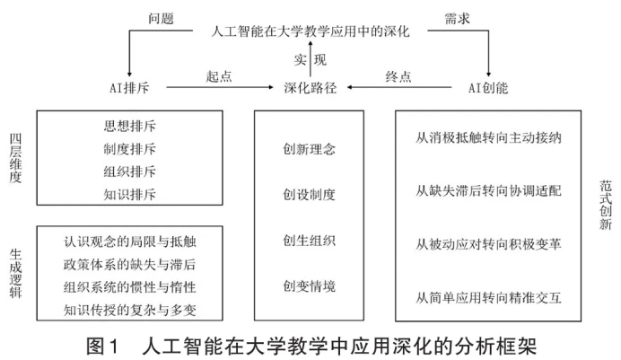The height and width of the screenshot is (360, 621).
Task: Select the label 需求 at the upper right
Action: [459, 16]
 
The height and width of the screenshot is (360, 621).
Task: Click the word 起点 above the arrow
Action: [218, 76]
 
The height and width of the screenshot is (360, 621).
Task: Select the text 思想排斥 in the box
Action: [130, 126]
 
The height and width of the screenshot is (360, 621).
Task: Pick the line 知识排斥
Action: [130, 193]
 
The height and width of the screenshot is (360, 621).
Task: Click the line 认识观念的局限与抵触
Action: [130, 242]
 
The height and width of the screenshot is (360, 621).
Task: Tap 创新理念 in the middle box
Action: [310, 148]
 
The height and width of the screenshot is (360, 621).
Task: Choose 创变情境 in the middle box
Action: [310, 286]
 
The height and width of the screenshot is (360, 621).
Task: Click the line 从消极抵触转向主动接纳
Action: [489, 140]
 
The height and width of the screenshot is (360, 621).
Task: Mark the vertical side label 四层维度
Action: [15, 158]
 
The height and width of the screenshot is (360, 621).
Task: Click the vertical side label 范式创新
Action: [606, 206]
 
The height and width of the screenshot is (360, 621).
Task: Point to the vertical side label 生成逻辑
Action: [15, 270]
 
